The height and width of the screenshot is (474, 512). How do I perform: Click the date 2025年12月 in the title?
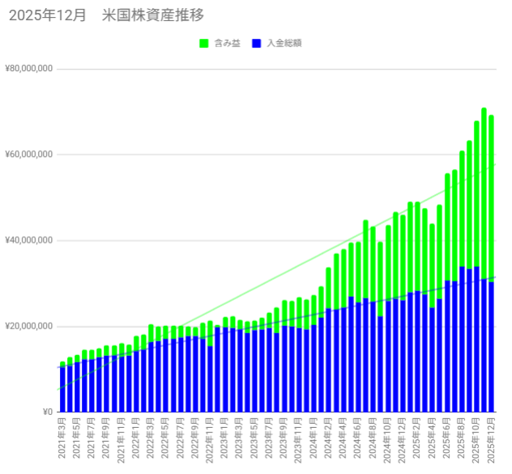click(47, 15)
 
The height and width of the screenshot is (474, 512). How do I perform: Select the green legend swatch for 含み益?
click(203, 43)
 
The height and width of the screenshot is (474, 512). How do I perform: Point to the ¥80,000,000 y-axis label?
click(28, 69)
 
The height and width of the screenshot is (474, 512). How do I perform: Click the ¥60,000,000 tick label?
click(28, 154)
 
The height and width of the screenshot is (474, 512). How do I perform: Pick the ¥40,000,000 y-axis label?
click(28, 240)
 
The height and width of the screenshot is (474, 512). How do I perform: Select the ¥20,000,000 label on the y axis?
click(28, 326)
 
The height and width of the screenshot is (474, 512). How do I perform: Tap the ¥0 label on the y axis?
click(45, 412)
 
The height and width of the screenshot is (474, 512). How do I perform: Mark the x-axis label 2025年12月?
click(492, 439)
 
